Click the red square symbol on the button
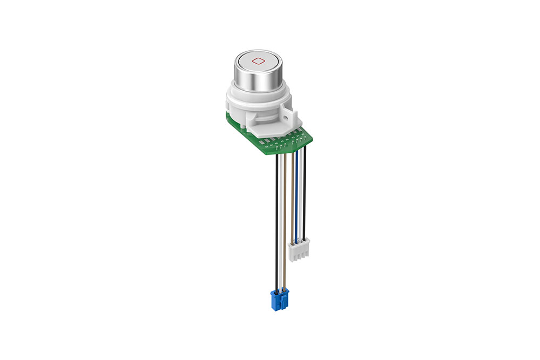pos(258,60)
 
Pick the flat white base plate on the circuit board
pos(265,130)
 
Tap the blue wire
pos(296,194)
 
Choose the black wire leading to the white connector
pos(305,194)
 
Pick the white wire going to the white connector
pos(301,194)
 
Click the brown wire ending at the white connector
pos(293,194)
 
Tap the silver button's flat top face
pos(258,60)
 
